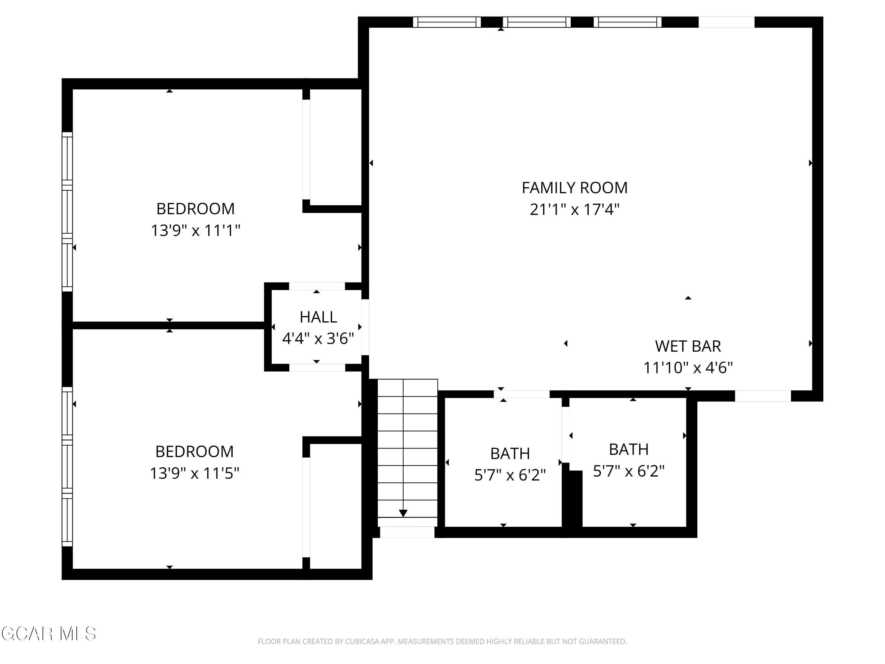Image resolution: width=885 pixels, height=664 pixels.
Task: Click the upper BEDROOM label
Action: tap(195, 209)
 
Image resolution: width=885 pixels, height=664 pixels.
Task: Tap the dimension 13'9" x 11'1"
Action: tap(195, 230)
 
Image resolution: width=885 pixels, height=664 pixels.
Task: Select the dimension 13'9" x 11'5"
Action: tap(194, 473)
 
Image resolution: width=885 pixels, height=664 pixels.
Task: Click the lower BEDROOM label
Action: tap(194, 452)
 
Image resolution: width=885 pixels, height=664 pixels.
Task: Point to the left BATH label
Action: tap(510, 454)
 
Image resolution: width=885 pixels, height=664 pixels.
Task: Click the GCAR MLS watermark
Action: tap(48, 634)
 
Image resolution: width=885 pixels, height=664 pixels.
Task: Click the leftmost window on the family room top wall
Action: tap(447, 22)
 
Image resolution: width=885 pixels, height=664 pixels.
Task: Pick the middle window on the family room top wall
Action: tap(537, 22)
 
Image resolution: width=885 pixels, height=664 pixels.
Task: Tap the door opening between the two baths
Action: tap(565, 434)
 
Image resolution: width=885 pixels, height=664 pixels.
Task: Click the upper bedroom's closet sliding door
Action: tap(306, 149)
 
